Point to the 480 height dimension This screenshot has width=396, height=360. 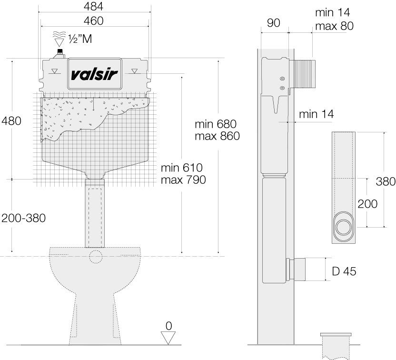coord(11,121)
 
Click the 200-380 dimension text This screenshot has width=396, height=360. coord(23,218)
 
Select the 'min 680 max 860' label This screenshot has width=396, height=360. coord(217,130)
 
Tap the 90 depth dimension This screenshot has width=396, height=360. coord(273,23)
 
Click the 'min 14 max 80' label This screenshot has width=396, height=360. coord(334,20)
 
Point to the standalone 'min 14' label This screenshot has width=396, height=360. coord(317,114)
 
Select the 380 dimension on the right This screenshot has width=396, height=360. coord(385,181)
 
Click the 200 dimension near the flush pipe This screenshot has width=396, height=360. coord(367,204)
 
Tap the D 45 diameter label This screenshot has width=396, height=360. coord(343,271)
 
